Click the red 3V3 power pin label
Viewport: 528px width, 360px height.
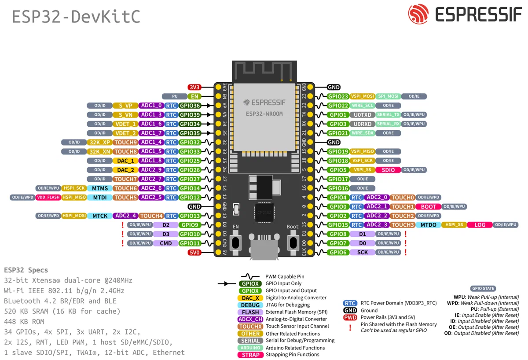[x=194, y=87]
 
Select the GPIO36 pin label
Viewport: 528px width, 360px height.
[x=190, y=106]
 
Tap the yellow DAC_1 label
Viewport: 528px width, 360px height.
[x=125, y=161]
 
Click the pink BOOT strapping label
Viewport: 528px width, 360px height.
[x=428, y=206]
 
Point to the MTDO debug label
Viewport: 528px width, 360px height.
[x=428, y=225]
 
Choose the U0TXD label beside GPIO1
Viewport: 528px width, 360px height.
[x=363, y=115]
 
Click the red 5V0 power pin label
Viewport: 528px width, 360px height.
[x=194, y=253]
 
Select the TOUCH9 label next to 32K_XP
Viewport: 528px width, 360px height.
[x=125, y=143]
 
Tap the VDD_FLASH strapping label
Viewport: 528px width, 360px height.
[x=48, y=198]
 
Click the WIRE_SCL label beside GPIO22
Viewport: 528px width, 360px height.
[x=363, y=106]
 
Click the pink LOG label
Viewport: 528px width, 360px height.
[x=480, y=225]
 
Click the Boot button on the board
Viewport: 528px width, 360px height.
[x=293, y=242]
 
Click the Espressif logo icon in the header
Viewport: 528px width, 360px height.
[x=418, y=15]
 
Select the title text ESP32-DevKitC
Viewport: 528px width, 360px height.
[x=76, y=17]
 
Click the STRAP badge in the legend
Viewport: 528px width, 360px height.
[x=251, y=355]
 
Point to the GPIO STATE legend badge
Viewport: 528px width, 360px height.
[x=483, y=289]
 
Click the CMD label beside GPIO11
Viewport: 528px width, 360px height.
[x=166, y=243]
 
